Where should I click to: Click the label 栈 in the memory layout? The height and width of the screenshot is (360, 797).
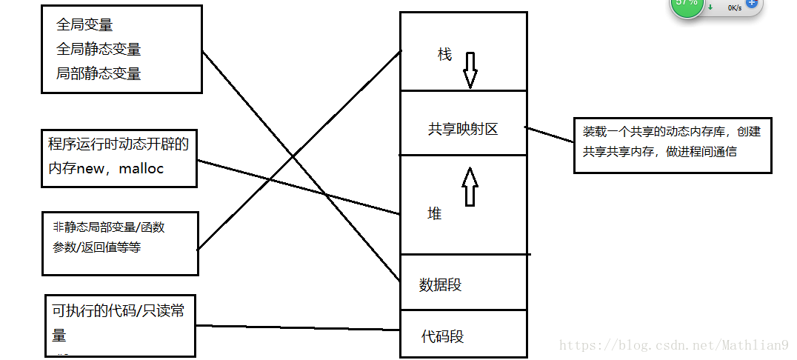[444, 56]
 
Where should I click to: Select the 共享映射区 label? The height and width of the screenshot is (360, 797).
[463, 129]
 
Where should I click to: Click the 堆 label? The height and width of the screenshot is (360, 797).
[435, 214]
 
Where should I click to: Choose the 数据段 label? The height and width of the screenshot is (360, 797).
[440, 284]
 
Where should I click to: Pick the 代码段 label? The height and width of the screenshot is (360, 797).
[442, 336]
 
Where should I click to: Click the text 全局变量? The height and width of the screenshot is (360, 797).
[84, 24]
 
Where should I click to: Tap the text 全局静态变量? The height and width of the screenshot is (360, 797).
[99, 49]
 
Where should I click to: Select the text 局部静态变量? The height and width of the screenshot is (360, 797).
[99, 73]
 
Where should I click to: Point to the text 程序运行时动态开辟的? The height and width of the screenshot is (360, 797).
[119, 144]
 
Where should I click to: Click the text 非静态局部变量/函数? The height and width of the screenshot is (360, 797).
[109, 227]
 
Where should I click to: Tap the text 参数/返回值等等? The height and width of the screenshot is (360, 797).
[97, 247]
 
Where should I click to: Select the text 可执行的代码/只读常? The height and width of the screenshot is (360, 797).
[118, 311]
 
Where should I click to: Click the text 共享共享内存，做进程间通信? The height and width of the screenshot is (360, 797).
[659, 151]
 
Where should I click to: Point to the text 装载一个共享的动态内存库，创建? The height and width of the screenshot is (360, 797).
[671, 132]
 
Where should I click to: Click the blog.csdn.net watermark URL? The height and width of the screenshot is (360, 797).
[673, 345]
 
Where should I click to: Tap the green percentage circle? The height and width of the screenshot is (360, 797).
[687, 4]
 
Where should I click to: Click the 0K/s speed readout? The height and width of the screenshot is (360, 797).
[734, 7]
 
